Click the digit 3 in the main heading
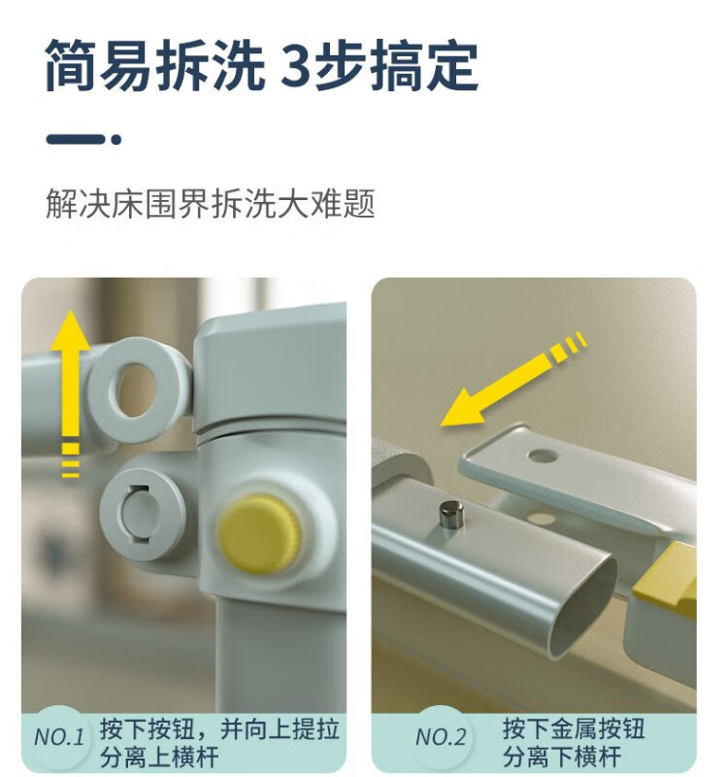298,66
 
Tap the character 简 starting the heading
70,66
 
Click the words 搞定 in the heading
425,66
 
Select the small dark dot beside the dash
116,140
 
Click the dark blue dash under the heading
76,139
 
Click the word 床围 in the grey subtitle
145,203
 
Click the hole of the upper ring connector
134,390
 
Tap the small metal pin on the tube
451,514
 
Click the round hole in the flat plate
544,456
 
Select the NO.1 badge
59,737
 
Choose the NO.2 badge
441,737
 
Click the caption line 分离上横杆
159,758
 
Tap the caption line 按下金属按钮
574,728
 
